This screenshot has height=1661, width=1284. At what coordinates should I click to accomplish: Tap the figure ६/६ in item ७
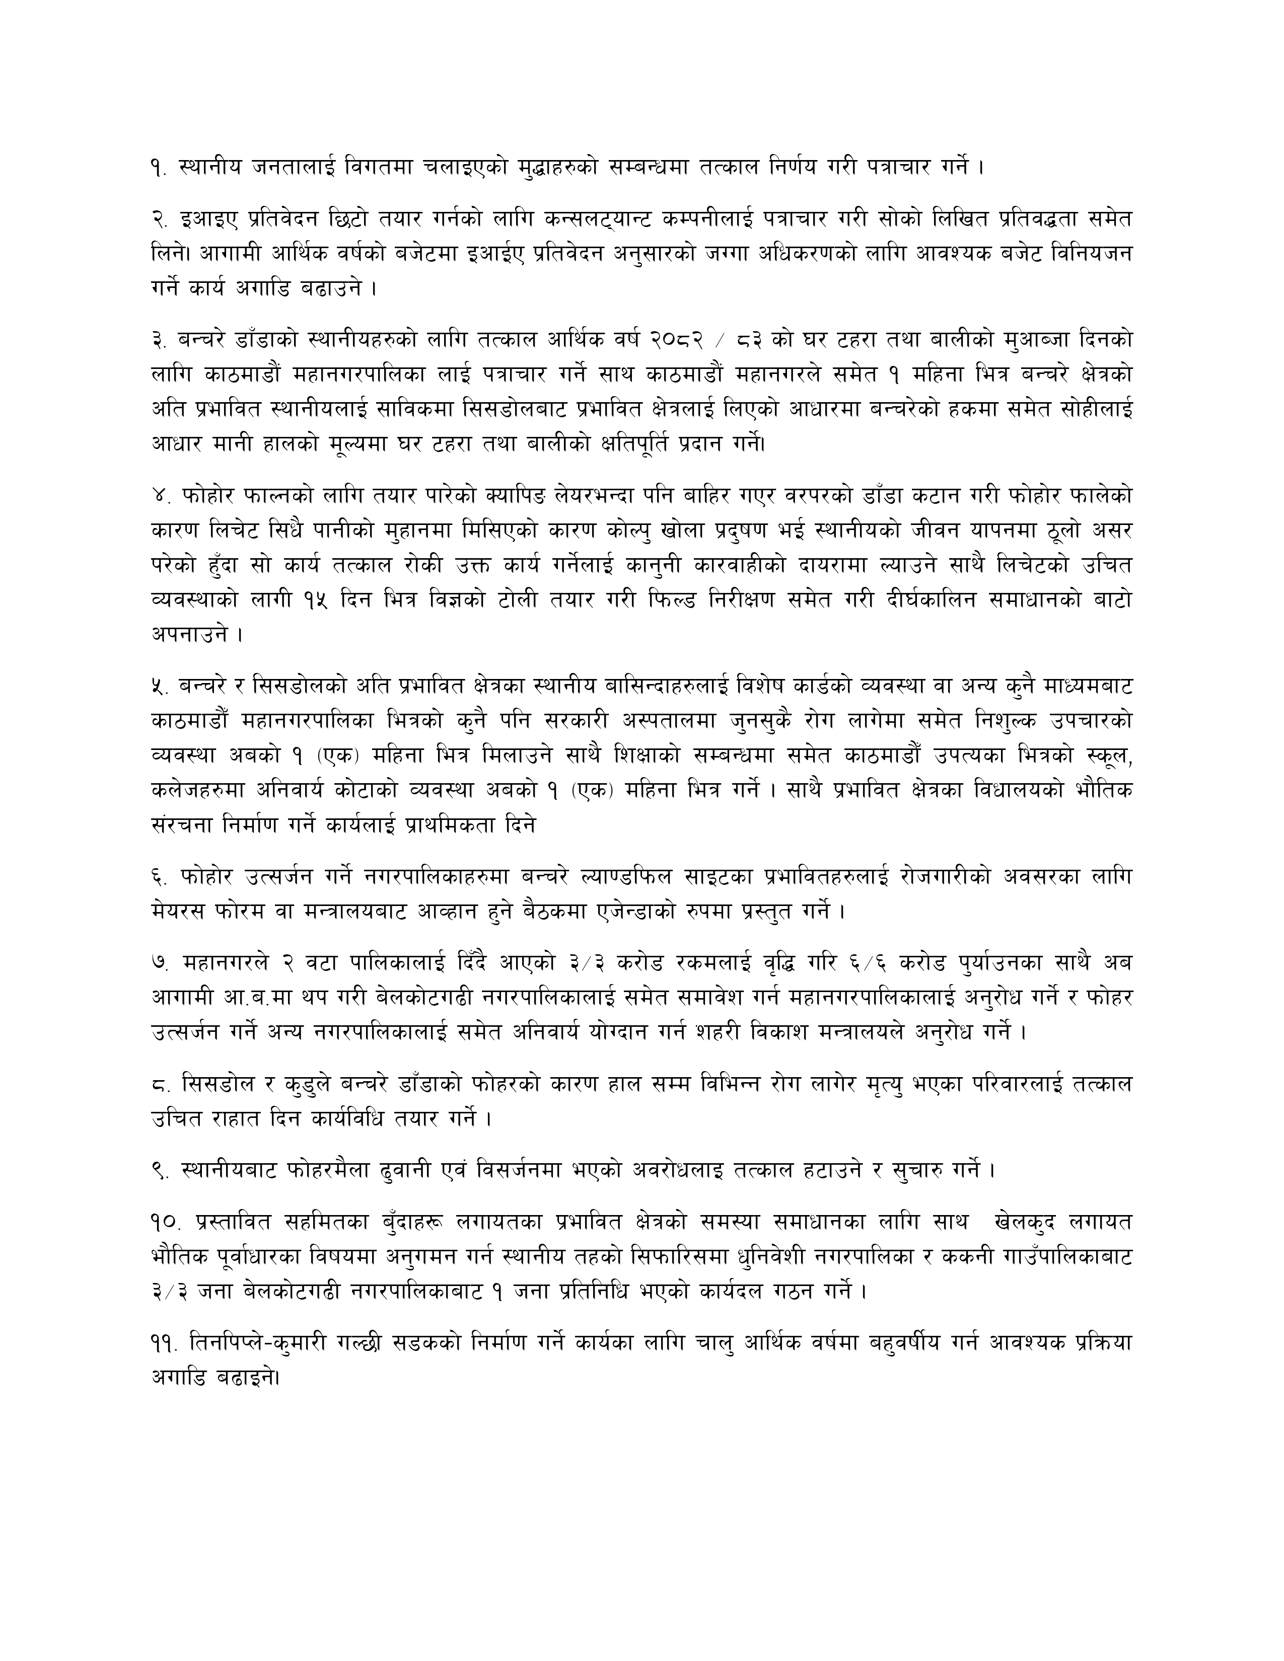pyautogui.click(x=870, y=963)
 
